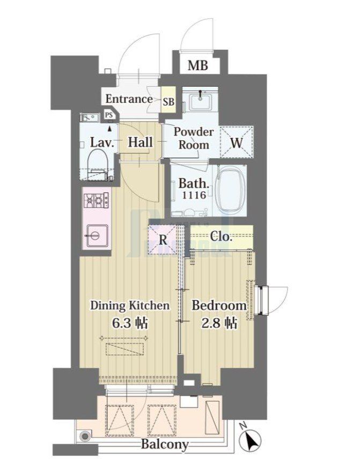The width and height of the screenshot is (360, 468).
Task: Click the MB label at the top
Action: coord(197,66)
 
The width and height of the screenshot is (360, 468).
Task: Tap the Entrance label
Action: coord(129,99)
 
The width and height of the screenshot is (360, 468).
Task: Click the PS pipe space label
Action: coord(109,115)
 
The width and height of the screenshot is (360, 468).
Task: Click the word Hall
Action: coord(140,143)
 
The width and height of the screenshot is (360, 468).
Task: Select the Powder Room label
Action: coord(193,138)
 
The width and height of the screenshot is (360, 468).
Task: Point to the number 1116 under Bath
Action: coord(194,196)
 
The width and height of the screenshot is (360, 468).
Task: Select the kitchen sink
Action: coord(95,234)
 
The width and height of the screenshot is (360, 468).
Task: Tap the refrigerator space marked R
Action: coord(163,240)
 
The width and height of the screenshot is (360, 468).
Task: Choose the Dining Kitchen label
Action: coord(129,306)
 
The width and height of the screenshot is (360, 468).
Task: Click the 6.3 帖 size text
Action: coord(129,323)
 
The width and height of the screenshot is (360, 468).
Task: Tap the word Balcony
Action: coord(165,444)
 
